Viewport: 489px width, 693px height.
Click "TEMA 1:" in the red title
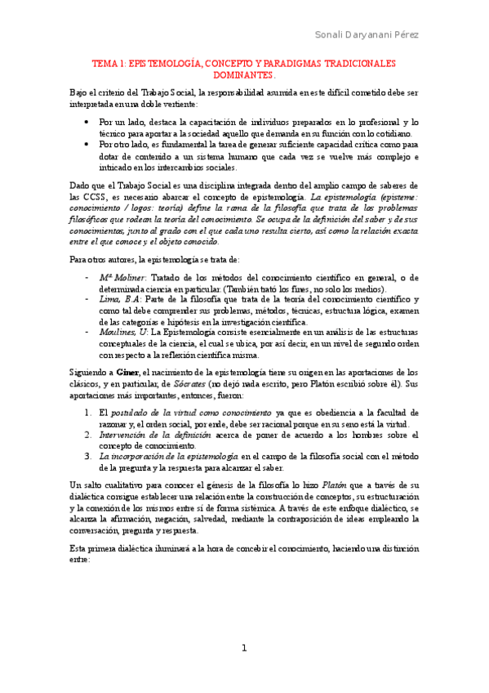109,63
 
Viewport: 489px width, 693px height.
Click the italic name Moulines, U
125,331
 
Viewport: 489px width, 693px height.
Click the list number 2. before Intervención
88,436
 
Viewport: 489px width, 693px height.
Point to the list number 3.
88,456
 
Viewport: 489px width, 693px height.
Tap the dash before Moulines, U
87,331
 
